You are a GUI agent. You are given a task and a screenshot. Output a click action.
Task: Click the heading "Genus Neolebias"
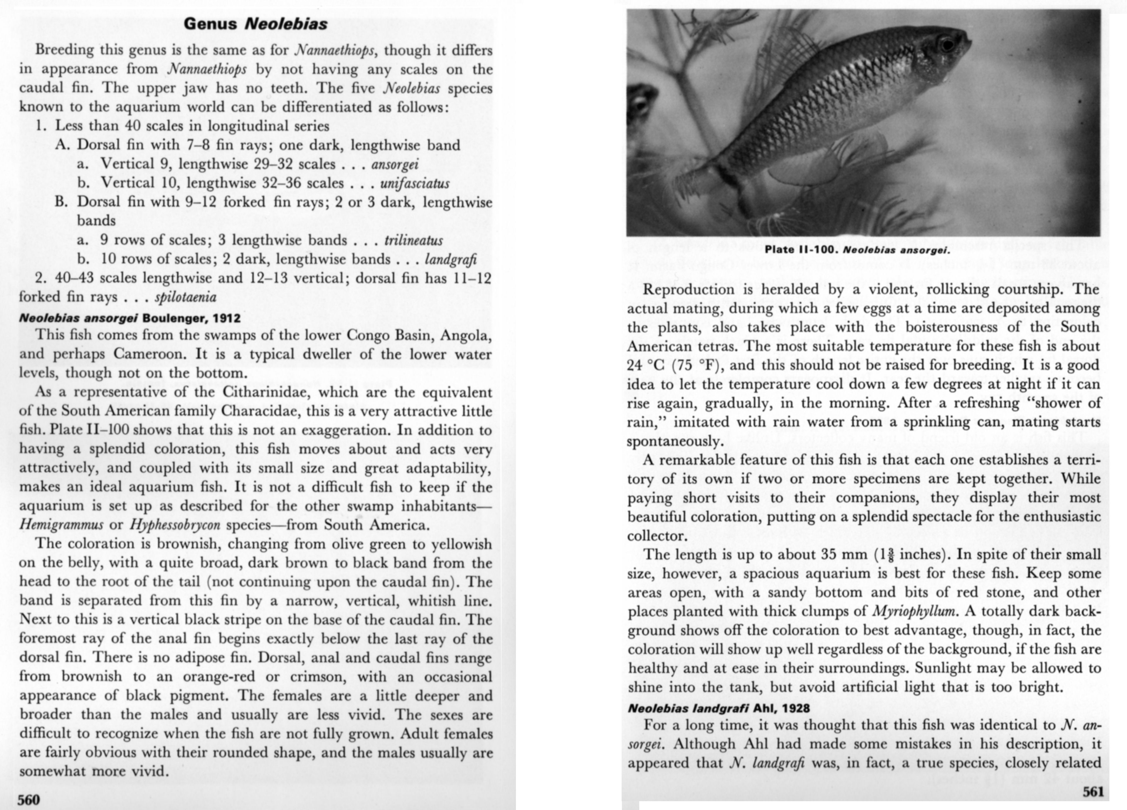255,24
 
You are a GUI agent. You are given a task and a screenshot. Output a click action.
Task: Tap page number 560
29,799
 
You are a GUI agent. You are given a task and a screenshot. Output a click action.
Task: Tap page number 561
1093,791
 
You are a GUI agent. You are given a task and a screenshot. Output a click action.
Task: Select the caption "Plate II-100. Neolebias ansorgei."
857,249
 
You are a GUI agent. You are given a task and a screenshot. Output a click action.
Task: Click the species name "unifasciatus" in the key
415,183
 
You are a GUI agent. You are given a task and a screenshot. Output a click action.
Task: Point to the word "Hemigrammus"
61,525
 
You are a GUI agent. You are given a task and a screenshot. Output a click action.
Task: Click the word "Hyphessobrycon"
175,525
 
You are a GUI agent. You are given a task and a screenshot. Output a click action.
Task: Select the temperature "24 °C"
645,365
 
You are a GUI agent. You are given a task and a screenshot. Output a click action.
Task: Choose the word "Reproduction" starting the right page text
688,289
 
